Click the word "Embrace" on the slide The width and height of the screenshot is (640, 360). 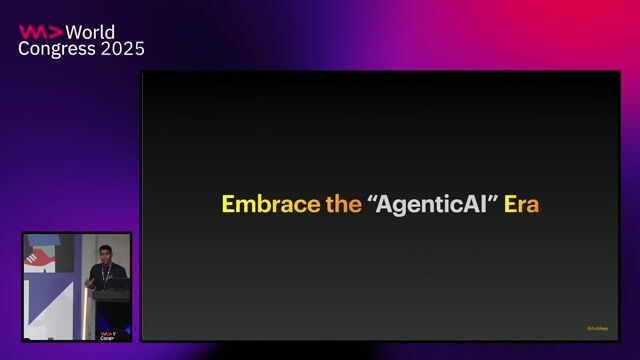click(263, 205)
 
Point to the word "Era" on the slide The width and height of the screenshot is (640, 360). click(521, 205)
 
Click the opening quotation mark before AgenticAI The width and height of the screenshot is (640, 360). click(373, 199)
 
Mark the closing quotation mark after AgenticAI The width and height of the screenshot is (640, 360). click(495, 199)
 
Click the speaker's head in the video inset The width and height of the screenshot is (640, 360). click(105, 252)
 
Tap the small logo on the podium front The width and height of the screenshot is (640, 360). click(106, 335)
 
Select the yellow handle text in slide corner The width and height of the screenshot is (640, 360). click(597, 328)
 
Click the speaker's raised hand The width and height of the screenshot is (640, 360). click(89, 285)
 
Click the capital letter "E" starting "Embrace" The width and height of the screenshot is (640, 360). click(228, 205)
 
